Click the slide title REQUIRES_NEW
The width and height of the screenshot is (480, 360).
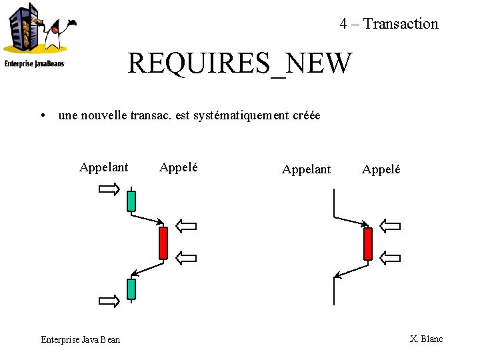coord(239,64)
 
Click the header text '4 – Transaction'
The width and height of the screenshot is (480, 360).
coord(389,24)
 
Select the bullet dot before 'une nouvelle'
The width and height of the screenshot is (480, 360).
coord(42,116)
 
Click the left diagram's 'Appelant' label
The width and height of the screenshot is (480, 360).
coord(103,167)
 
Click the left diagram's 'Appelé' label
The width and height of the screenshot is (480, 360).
coord(179,167)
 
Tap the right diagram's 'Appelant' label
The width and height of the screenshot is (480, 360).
coord(306,169)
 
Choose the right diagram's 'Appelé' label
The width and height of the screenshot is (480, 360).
coord(381,169)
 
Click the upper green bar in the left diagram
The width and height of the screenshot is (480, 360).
coord(131,201)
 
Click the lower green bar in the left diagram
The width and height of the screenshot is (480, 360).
coord(131,289)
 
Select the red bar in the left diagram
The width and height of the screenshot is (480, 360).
coord(163,243)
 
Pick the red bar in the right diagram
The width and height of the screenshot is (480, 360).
coord(367,243)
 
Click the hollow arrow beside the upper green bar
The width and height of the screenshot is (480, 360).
coord(109,190)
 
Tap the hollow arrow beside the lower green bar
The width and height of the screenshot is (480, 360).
coord(109,301)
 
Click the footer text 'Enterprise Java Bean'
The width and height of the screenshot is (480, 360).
coord(81,339)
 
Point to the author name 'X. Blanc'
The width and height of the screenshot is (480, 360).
coord(427,339)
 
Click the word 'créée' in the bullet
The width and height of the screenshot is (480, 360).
coord(307,115)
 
